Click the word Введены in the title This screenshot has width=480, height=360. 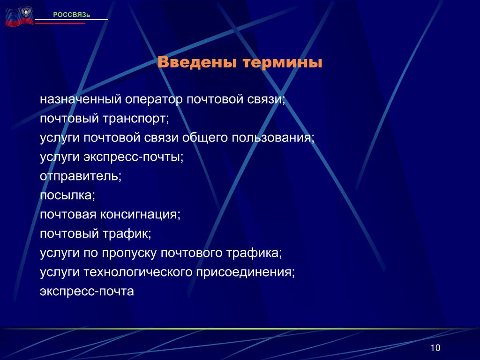(x=197, y=62)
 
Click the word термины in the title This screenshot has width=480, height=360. (x=282, y=63)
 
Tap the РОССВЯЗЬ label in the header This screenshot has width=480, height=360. (x=72, y=15)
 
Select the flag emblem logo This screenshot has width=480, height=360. (x=19, y=17)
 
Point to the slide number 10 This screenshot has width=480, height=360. (x=435, y=348)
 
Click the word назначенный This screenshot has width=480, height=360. (x=81, y=99)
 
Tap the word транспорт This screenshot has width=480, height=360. (x=135, y=119)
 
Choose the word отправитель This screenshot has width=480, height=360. (x=81, y=176)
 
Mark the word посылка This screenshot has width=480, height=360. (x=67, y=195)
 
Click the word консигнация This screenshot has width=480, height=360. (x=141, y=215)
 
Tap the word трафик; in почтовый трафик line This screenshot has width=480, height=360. (x=127, y=234)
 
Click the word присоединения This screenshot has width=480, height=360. (x=246, y=272)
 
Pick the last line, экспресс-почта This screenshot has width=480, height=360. (x=87, y=292)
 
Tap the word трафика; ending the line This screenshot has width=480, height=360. (x=254, y=253)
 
